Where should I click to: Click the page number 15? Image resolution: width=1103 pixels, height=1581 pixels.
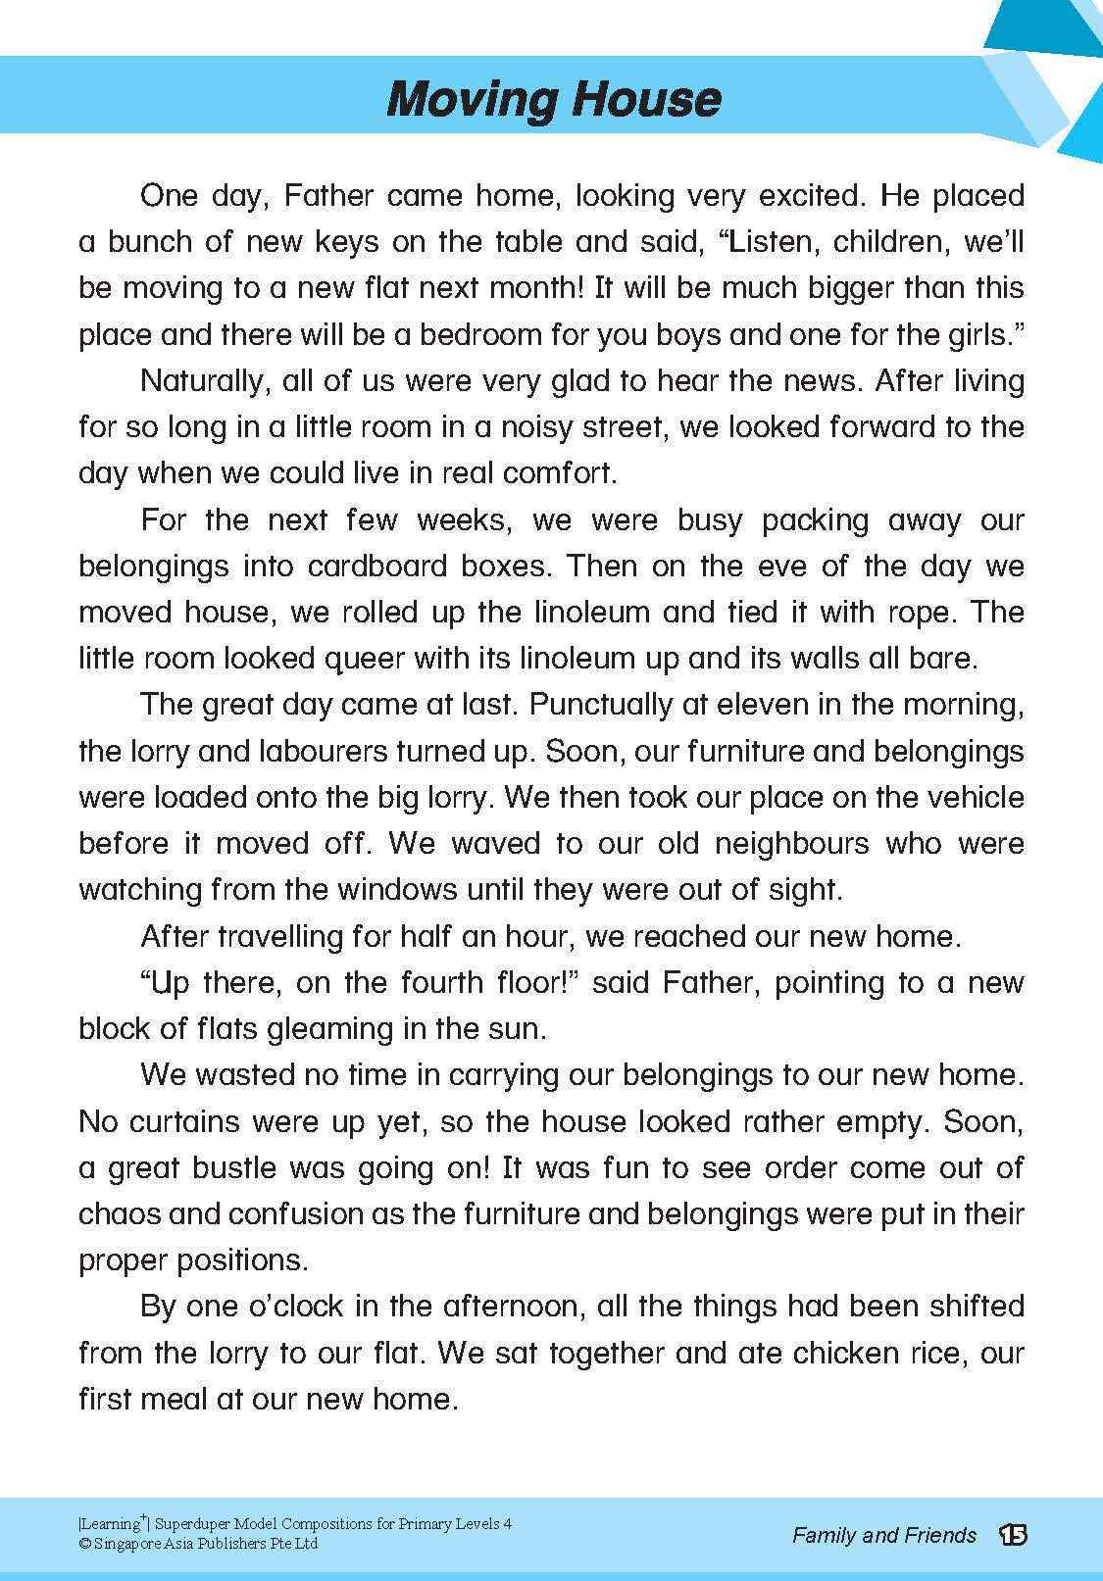[x=1013, y=1535]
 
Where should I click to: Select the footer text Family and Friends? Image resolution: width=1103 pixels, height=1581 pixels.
[x=884, y=1535]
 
